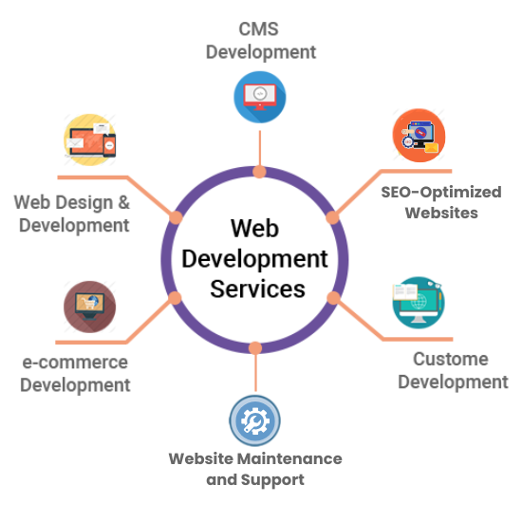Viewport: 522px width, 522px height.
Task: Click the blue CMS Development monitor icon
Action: click(260, 97)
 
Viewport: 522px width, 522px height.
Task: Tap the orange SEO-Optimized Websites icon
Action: click(419, 136)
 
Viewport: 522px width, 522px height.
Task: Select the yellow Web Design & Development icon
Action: click(90, 140)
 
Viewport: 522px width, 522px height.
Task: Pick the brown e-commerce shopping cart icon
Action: click(90, 307)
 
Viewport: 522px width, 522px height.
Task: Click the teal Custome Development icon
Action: click(419, 302)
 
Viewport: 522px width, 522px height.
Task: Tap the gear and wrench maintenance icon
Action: click(254, 420)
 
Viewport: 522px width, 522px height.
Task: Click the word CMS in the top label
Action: click(259, 29)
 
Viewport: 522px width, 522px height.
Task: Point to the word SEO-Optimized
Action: click(441, 193)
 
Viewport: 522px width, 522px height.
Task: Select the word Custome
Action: click(451, 359)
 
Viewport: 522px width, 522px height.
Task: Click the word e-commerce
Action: click(75, 363)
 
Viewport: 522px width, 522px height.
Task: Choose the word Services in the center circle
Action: click(257, 289)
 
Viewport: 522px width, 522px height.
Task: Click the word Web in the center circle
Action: click(255, 229)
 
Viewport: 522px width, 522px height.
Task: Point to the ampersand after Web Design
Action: click(123, 202)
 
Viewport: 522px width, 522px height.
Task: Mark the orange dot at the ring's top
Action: click(259, 172)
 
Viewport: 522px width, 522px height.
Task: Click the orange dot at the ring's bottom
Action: click(255, 348)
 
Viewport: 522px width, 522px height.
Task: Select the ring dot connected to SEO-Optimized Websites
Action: click(332, 217)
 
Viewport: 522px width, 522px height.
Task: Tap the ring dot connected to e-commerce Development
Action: click(175, 298)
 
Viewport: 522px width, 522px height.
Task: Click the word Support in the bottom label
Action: click(272, 480)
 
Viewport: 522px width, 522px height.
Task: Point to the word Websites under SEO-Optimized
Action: click(441, 213)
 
